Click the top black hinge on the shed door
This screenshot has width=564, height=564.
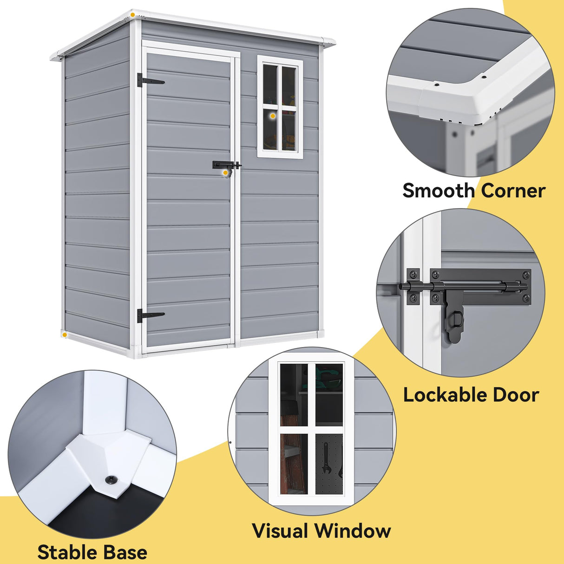150,81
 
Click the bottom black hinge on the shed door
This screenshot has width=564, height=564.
150,315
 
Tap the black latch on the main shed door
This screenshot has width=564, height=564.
226,165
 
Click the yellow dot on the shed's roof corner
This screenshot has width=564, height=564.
133,15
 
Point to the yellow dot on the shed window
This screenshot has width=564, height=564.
273,116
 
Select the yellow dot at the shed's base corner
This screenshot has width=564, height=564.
65,334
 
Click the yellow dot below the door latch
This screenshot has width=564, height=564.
225,173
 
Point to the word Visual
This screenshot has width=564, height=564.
280,531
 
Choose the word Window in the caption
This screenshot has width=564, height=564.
353,531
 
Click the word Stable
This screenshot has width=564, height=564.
67,552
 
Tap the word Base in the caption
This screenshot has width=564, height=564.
125,552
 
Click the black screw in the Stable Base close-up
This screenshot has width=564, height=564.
111,479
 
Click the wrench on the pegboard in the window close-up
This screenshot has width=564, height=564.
325,458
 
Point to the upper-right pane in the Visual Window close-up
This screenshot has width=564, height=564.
329,394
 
